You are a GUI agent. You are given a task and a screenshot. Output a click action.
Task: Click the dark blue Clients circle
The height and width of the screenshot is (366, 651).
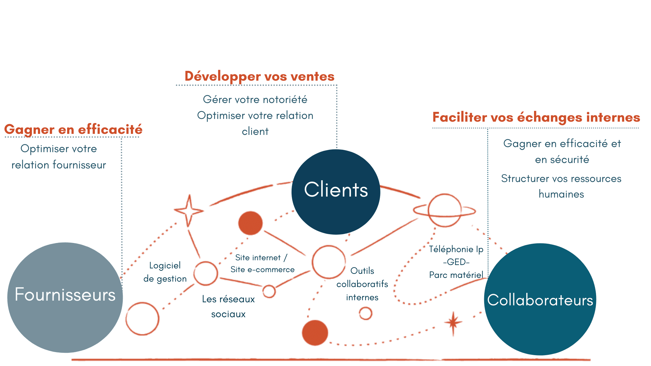click(336, 192)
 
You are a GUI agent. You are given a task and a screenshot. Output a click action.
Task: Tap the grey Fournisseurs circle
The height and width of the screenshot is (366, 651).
click(65, 298)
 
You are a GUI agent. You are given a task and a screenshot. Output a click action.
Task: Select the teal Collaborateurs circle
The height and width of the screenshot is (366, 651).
click(540, 299)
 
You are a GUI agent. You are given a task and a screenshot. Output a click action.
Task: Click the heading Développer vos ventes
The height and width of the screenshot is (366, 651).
click(259, 76)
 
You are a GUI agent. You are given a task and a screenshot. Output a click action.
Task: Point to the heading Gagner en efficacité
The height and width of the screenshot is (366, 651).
click(73, 129)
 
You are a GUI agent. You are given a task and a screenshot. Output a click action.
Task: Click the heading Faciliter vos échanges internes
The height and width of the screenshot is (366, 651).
click(536, 117)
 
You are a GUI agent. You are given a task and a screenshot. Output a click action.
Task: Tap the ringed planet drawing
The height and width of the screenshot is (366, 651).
click(445, 210)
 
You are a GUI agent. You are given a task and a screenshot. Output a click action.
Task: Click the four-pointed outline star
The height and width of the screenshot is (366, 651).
click(189, 211)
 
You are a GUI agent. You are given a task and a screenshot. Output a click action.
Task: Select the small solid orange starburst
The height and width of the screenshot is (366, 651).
click(453, 323)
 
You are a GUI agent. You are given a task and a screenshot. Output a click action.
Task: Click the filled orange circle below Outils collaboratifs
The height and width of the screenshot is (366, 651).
click(315, 332)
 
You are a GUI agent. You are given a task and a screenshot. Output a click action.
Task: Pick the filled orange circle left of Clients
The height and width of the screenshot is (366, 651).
click(250, 223)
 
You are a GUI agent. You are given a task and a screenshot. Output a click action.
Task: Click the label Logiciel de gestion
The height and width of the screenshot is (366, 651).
click(165, 272)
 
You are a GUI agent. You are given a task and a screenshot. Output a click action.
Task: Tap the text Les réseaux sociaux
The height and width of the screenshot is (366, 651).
click(228, 306)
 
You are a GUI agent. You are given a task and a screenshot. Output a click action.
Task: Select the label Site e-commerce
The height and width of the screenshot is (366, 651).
click(262, 269)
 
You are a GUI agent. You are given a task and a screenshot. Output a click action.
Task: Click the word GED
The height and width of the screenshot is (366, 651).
click(456, 262)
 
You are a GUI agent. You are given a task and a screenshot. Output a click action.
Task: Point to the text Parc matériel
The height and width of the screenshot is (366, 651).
click(456, 275)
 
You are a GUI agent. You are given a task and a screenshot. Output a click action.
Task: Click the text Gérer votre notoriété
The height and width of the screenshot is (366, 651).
click(255, 99)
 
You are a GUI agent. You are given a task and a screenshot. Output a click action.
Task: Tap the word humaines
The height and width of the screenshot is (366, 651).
click(561, 194)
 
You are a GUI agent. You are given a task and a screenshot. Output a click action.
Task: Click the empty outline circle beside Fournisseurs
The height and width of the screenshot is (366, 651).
click(142, 319)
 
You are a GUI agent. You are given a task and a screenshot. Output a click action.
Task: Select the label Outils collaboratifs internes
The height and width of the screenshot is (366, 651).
click(362, 284)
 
